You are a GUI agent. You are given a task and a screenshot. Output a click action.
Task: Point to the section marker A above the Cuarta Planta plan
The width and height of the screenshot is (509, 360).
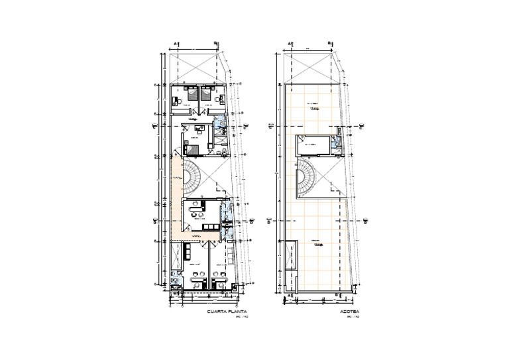pyautogui.click(x=176, y=44)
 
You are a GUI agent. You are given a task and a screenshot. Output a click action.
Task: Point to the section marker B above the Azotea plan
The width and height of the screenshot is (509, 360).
pyautogui.click(x=329, y=44)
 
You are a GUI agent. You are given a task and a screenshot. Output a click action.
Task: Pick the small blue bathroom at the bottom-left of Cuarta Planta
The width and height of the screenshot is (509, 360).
pyautogui.click(x=175, y=280)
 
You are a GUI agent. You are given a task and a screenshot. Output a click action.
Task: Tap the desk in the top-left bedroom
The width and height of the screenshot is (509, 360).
pyautogui.click(x=175, y=101)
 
